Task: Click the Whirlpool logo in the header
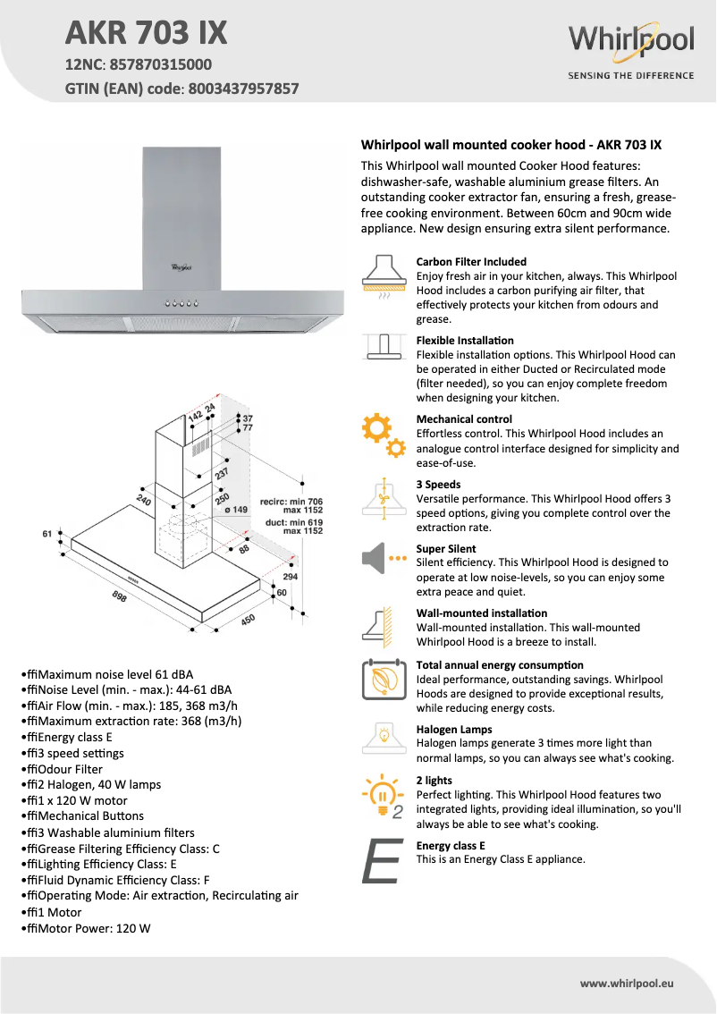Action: click(x=630, y=41)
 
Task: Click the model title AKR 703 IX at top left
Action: click(x=147, y=33)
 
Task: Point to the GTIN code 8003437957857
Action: click(x=243, y=89)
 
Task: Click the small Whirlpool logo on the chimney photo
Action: click(x=181, y=266)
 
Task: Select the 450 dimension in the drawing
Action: click(x=249, y=619)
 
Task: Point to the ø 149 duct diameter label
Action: click(x=235, y=510)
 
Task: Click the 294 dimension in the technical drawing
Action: click(x=290, y=577)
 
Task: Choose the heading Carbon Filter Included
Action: click(x=471, y=262)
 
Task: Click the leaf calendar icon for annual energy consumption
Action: click(x=384, y=680)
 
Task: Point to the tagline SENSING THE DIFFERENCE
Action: click(x=630, y=76)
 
